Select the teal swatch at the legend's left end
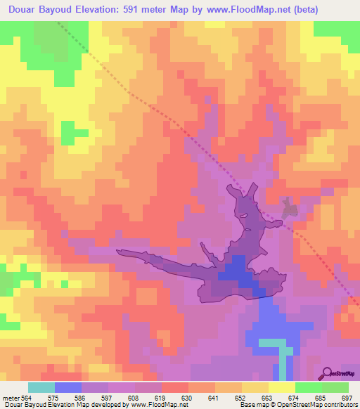click(41, 387)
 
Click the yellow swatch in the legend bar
click(282, 387)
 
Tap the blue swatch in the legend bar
click(68, 387)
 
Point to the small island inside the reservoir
click(243, 215)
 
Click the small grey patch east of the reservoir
click(288, 207)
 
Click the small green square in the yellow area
click(67, 133)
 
